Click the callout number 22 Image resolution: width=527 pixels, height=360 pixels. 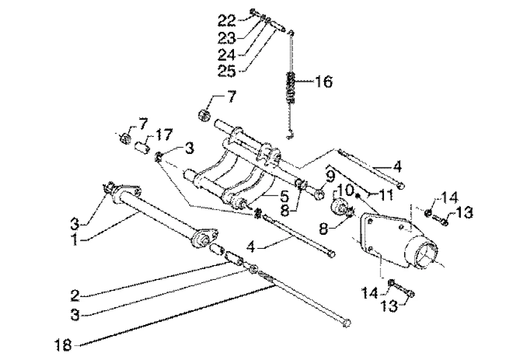coord(227,21)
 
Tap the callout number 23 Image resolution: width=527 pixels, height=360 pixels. coord(227,38)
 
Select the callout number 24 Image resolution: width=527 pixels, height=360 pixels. coord(227,54)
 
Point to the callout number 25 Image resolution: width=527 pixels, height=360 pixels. coord(227,71)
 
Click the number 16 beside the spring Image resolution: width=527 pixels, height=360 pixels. coord(324,82)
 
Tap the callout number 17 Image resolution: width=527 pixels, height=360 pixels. coord(163,135)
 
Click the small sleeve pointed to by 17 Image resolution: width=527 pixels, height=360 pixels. coord(142,148)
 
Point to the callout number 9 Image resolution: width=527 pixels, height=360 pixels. coord(330,175)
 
